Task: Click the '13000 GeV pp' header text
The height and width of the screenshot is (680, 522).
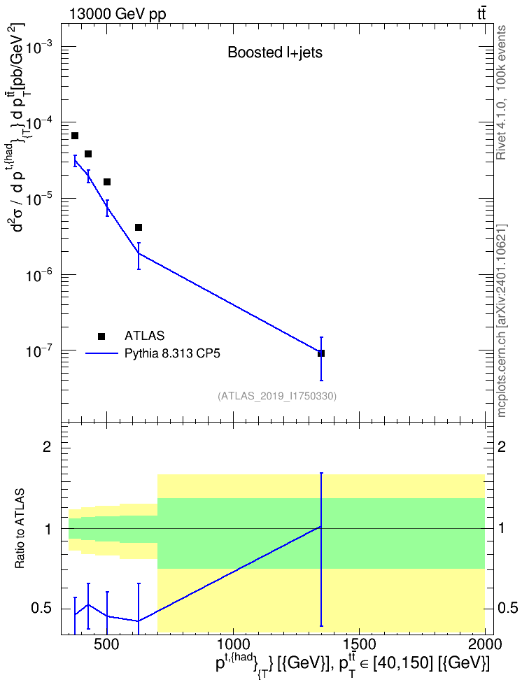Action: click(x=117, y=14)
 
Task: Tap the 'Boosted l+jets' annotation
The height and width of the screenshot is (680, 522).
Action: click(x=275, y=52)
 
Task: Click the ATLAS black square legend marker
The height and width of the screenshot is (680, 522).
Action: click(x=101, y=336)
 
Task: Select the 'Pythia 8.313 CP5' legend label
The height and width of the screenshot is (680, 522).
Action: click(x=172, y=353)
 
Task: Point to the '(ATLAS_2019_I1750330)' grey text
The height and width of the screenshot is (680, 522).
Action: click(x=277, y=396)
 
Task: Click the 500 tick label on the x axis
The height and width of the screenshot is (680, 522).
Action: click(x=106, y=644)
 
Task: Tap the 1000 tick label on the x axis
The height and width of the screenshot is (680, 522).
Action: click(x=233, y=644)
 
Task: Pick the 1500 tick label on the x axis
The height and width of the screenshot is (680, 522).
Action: click(x=359, y=644)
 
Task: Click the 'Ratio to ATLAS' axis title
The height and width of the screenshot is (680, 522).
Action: click(x=20, y=529)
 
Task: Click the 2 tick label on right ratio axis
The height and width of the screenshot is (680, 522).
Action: click(x=502, y=446)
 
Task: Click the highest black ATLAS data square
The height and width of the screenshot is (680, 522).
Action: click(x=75, y=136)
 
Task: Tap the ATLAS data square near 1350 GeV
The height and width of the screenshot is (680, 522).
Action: click(x=321, y=353)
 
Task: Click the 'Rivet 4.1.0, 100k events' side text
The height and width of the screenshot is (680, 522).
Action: click(x=501, y=93)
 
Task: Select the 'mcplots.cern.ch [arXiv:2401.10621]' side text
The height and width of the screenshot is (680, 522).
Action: click(x=501, y=321)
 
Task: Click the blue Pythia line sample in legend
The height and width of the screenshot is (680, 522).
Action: click(x=101, y=354)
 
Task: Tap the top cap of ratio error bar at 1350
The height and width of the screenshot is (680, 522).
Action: click(x=321, y=473)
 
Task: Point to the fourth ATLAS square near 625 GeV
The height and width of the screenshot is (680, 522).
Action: click(x=139, y=227)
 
